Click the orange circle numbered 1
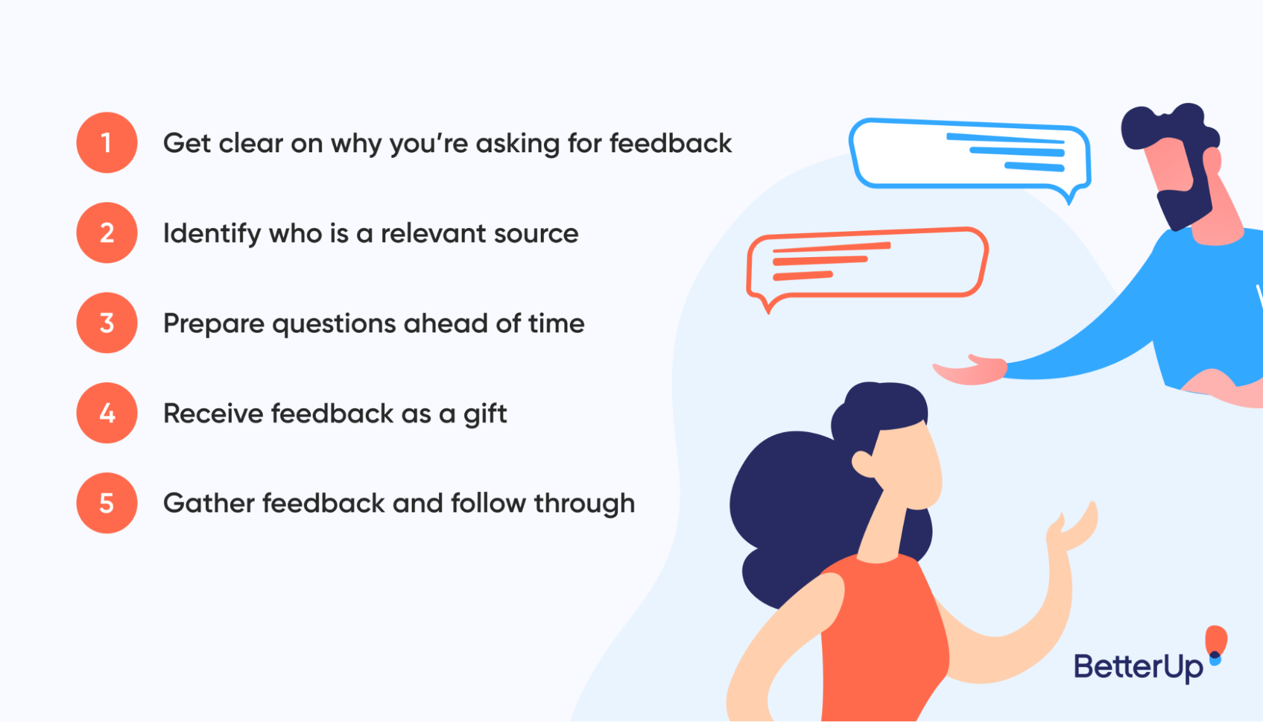click(107, 143)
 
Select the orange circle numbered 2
click(107, 233)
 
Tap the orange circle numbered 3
click(107, 323)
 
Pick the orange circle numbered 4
click(107, 413)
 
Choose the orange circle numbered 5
click(107, 503)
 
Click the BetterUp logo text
click(1138, 667)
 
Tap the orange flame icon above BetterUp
click(1216, 639)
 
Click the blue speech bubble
click(970, 155)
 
